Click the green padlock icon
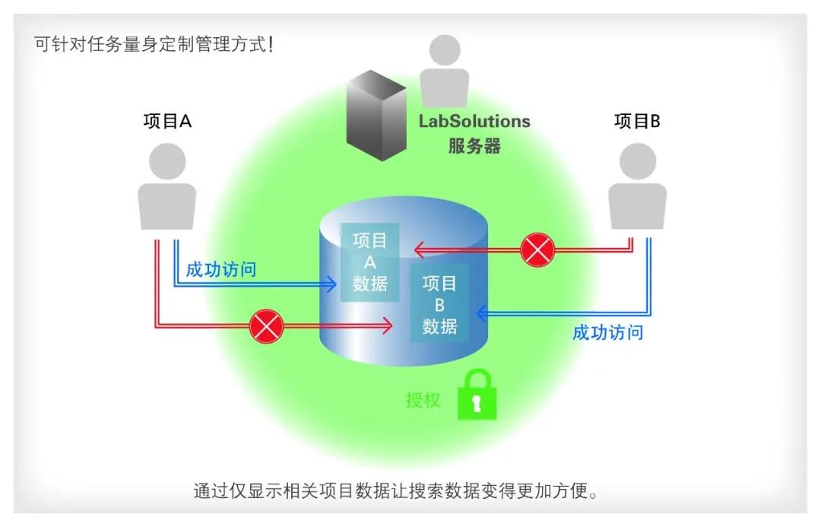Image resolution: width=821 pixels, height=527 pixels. click(x=477, y=395)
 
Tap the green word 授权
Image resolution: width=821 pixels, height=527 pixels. click(x=423, y=399)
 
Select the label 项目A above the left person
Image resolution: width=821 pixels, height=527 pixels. click(x=167, y=121)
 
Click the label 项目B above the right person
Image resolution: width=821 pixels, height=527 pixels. click(x=637, y=121)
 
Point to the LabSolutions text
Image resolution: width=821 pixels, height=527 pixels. click(x=474, y=121)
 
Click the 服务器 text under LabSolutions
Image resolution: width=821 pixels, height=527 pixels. click(x=474, y=146)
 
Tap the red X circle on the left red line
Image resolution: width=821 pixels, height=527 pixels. click(x=267, y=327)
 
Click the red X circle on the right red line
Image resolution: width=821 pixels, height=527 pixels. click(x=537, y=249)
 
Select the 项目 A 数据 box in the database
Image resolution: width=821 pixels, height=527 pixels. click(x=370, y=262)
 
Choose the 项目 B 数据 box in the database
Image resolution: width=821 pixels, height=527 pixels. click(x=439, y=305)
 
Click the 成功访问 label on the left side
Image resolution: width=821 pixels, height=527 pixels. click(x=220, y=269)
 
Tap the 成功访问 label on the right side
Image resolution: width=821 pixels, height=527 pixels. click(x=607, y=332)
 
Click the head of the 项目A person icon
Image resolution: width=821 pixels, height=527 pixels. click(x=167, y=162)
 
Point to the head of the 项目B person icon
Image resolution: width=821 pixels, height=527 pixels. click(x=637, y=162)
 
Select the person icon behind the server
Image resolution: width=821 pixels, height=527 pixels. click(x=445, y=72)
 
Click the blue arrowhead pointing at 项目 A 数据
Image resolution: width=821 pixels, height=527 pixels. click(x=331, y=285)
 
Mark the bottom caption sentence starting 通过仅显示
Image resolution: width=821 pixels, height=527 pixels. click(x=396, y=490)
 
